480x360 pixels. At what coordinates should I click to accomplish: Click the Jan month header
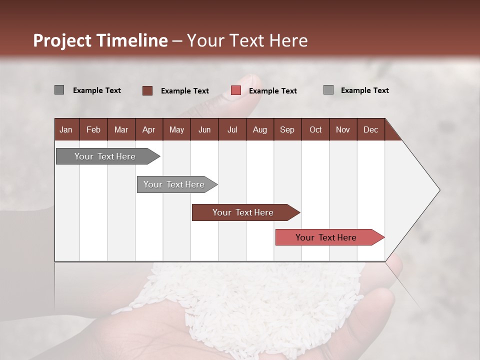pyautogui.click(x=66, y=129)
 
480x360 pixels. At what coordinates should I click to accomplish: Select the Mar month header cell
pyautogui.click(x=121, y=129)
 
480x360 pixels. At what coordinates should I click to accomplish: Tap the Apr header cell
pyautogui.click(x=148, y=129)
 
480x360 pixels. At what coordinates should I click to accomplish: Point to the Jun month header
pyautogui.click(x=204, y=129)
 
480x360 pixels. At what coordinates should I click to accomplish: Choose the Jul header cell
pyautogui.click(x=232, y=129)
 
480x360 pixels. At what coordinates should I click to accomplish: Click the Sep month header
pyautogui.click(x=287, y=129)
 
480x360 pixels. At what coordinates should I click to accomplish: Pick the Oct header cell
pyautogui.click(x=315, y=129)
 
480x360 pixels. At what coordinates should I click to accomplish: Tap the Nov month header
pyautogui.click(x=342, y=129)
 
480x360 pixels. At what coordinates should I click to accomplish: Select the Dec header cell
pyautogui.click(x=370, y=129)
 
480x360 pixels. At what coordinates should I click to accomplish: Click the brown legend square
pyautogui.click(x=147, y=90)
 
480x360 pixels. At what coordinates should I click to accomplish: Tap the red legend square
pyautogui.click(x=236, y=90)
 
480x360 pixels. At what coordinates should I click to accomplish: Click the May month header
pyautogui.click(x=176, y=129)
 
